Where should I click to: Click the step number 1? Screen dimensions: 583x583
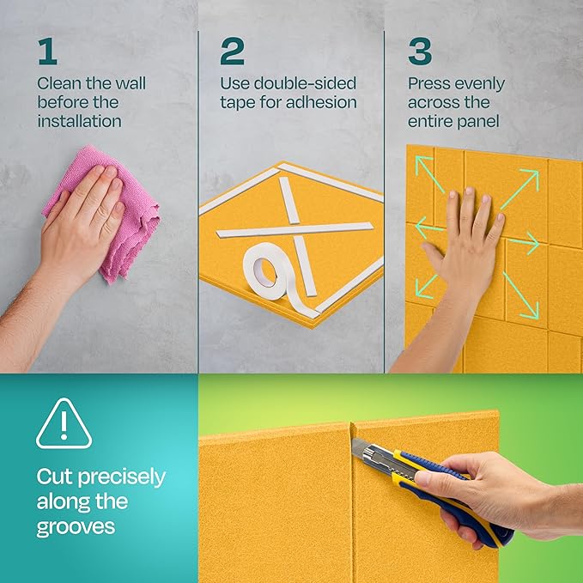coord(47,52)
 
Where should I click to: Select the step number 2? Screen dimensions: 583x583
coord(232,52)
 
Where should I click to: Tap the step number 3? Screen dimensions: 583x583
coord(420,52)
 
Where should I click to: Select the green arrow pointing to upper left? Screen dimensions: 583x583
coord(429,171)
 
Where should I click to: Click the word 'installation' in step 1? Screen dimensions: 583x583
coord(79,121)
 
